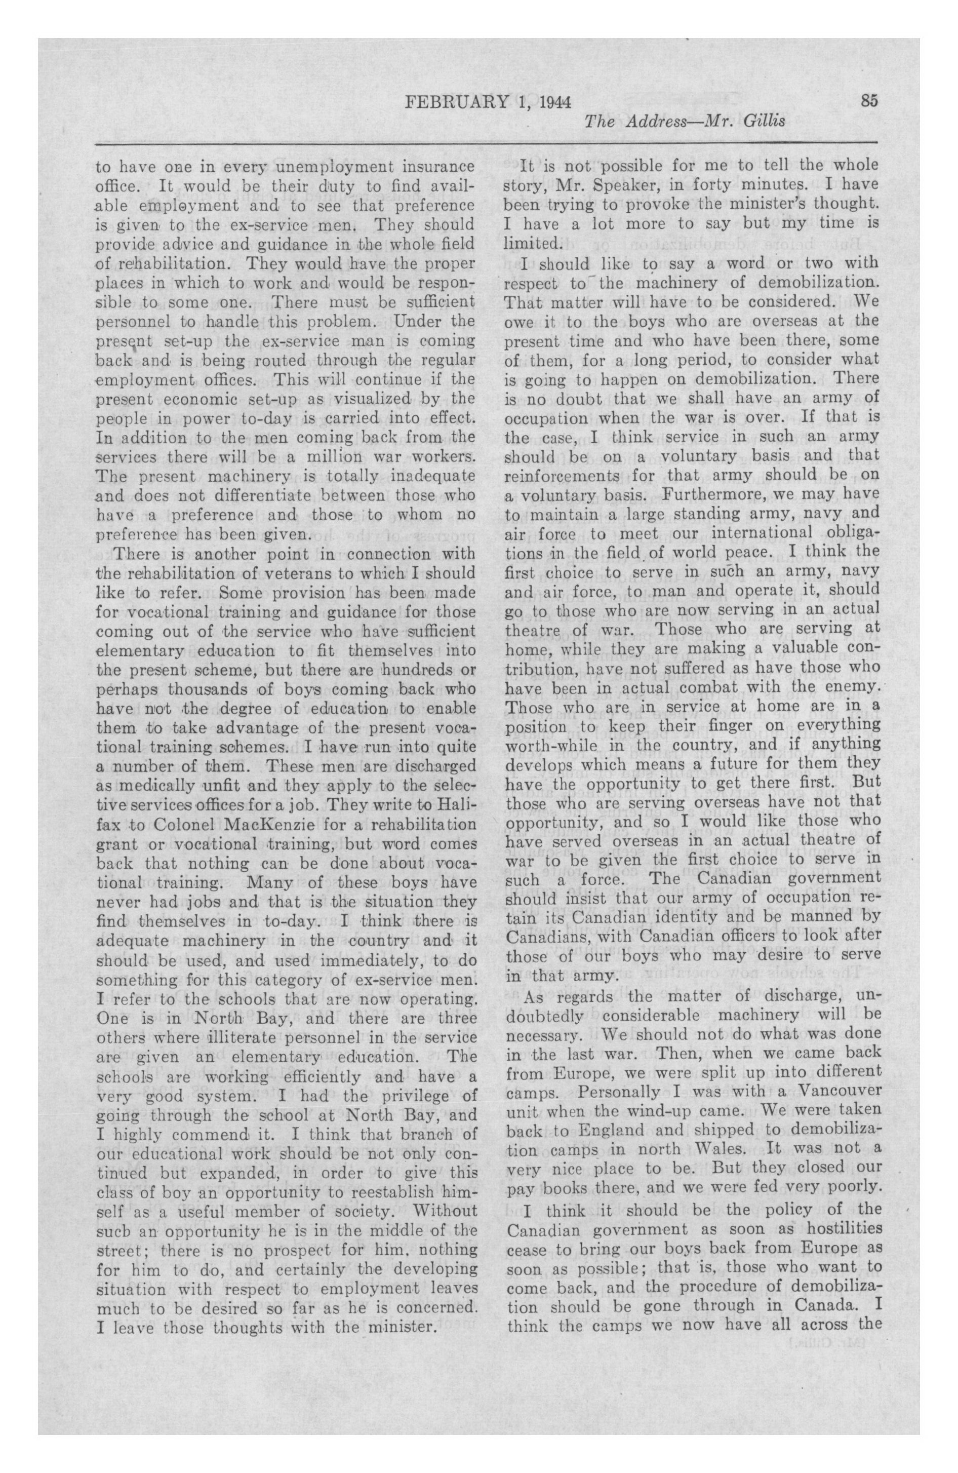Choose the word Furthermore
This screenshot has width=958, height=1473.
click(x=712, y=494)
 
